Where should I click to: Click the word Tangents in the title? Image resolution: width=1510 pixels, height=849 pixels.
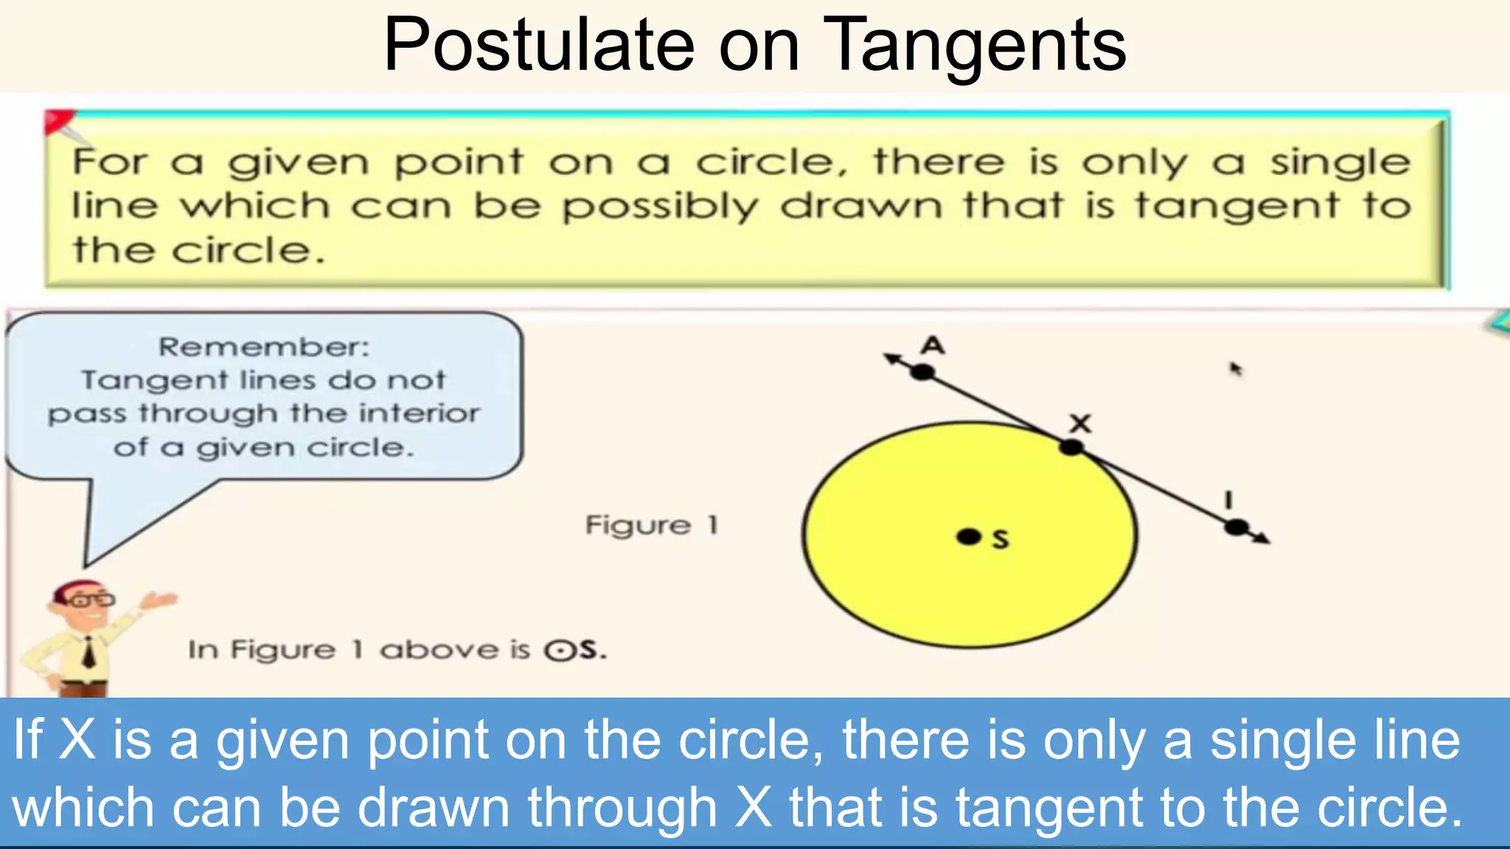tap(975, 46)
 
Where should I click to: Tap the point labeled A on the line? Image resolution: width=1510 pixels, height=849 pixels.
tap(922, 372)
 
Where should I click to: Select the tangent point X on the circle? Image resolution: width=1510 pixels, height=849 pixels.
tap(1071, 447)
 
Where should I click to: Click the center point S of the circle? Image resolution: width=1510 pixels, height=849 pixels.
tap(968, 537)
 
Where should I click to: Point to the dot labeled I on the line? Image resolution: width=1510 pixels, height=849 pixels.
tap(1236, 528)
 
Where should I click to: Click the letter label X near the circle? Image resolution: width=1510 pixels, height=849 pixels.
tap(1081, 423)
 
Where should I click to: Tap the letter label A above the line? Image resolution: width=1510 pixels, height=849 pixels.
tap(933, 345)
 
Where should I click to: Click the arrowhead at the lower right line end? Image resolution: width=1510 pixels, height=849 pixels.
tap(1262, 539)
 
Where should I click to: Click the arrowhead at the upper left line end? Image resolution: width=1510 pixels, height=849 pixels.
tap(892, 358)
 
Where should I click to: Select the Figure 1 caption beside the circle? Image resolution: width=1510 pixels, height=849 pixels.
tap(651, 525)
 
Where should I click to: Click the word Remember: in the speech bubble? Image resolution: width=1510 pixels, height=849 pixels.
tap(264, 346)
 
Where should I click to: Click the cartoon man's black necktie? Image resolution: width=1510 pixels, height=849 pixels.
tap(89, 652)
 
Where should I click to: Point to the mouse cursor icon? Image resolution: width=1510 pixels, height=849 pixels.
tap(1235, 368)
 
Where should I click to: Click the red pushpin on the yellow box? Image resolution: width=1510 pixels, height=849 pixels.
tap(59, 121)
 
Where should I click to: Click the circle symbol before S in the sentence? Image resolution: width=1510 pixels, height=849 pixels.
tap(560, 651)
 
